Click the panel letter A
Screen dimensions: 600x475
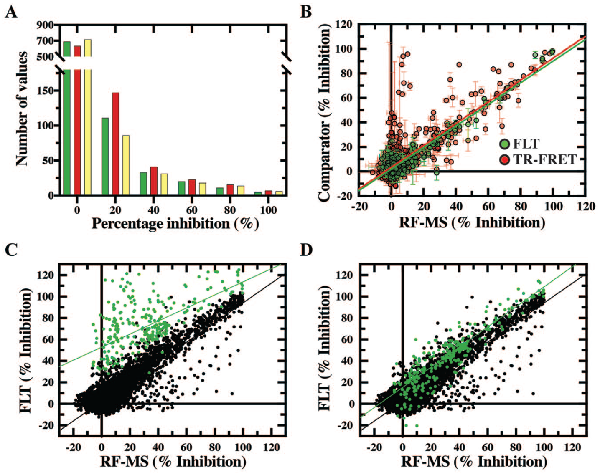(11, 13)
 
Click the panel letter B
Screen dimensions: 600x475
(306, 13)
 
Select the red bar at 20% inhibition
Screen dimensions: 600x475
(115, 144)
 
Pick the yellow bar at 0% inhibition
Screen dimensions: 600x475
(88, 117)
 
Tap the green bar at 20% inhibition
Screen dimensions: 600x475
(105, 157)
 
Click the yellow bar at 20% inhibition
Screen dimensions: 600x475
(126, 165)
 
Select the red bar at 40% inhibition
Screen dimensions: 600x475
(154, 181)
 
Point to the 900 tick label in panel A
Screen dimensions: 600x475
(45, 25)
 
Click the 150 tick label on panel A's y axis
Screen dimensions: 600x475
(45, 91)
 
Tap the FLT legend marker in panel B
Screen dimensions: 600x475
(504, 144)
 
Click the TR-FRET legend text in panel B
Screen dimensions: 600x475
(545, 159)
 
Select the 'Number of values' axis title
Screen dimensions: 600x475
(22, 109)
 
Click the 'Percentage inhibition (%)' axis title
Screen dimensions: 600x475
(175, 224)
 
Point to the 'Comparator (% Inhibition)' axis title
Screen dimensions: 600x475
(325, 111)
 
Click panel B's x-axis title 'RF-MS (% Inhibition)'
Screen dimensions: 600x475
(472, 223)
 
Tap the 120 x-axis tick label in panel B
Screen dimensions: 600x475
(585, 207)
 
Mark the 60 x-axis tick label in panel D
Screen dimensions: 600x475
(488, 448)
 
